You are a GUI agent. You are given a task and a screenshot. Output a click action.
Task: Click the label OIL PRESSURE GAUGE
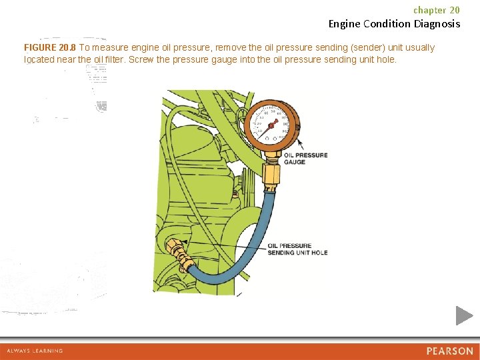coord(305,159)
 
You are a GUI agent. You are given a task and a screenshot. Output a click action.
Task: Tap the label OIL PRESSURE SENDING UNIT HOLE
coord(297,249)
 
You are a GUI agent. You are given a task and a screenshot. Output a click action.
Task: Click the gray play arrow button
coord(464,315)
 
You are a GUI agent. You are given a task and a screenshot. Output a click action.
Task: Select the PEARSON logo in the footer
coord(449,351)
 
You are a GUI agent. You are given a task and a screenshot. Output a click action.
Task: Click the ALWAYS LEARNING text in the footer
coord(35,351)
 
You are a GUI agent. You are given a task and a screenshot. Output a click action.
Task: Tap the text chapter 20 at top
coord(436,10)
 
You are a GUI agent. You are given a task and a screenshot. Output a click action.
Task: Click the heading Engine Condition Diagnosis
coord(394,24)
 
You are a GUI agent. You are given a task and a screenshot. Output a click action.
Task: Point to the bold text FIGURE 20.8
coord(50,48)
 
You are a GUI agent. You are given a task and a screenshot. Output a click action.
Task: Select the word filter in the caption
coord(115,59)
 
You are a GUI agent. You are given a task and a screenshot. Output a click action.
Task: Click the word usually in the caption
coord(418,48)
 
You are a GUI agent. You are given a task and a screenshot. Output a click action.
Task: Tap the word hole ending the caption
coord(386,59)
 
